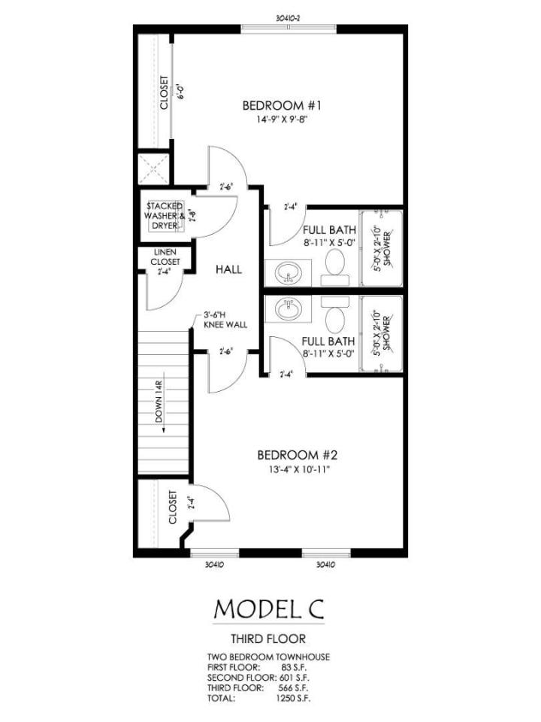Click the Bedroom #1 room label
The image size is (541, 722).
282,105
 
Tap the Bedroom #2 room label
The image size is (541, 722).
298,456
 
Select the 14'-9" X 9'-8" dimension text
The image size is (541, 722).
282,120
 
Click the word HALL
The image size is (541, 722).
228,269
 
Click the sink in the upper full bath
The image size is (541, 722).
289,274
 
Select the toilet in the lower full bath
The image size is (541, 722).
335,314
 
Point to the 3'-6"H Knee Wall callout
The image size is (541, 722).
225,320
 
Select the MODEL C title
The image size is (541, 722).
269,608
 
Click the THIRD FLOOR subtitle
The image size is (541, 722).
268,639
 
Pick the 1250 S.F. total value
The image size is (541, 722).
293,698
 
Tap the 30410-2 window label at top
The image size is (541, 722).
289,18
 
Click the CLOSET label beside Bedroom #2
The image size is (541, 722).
173,508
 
